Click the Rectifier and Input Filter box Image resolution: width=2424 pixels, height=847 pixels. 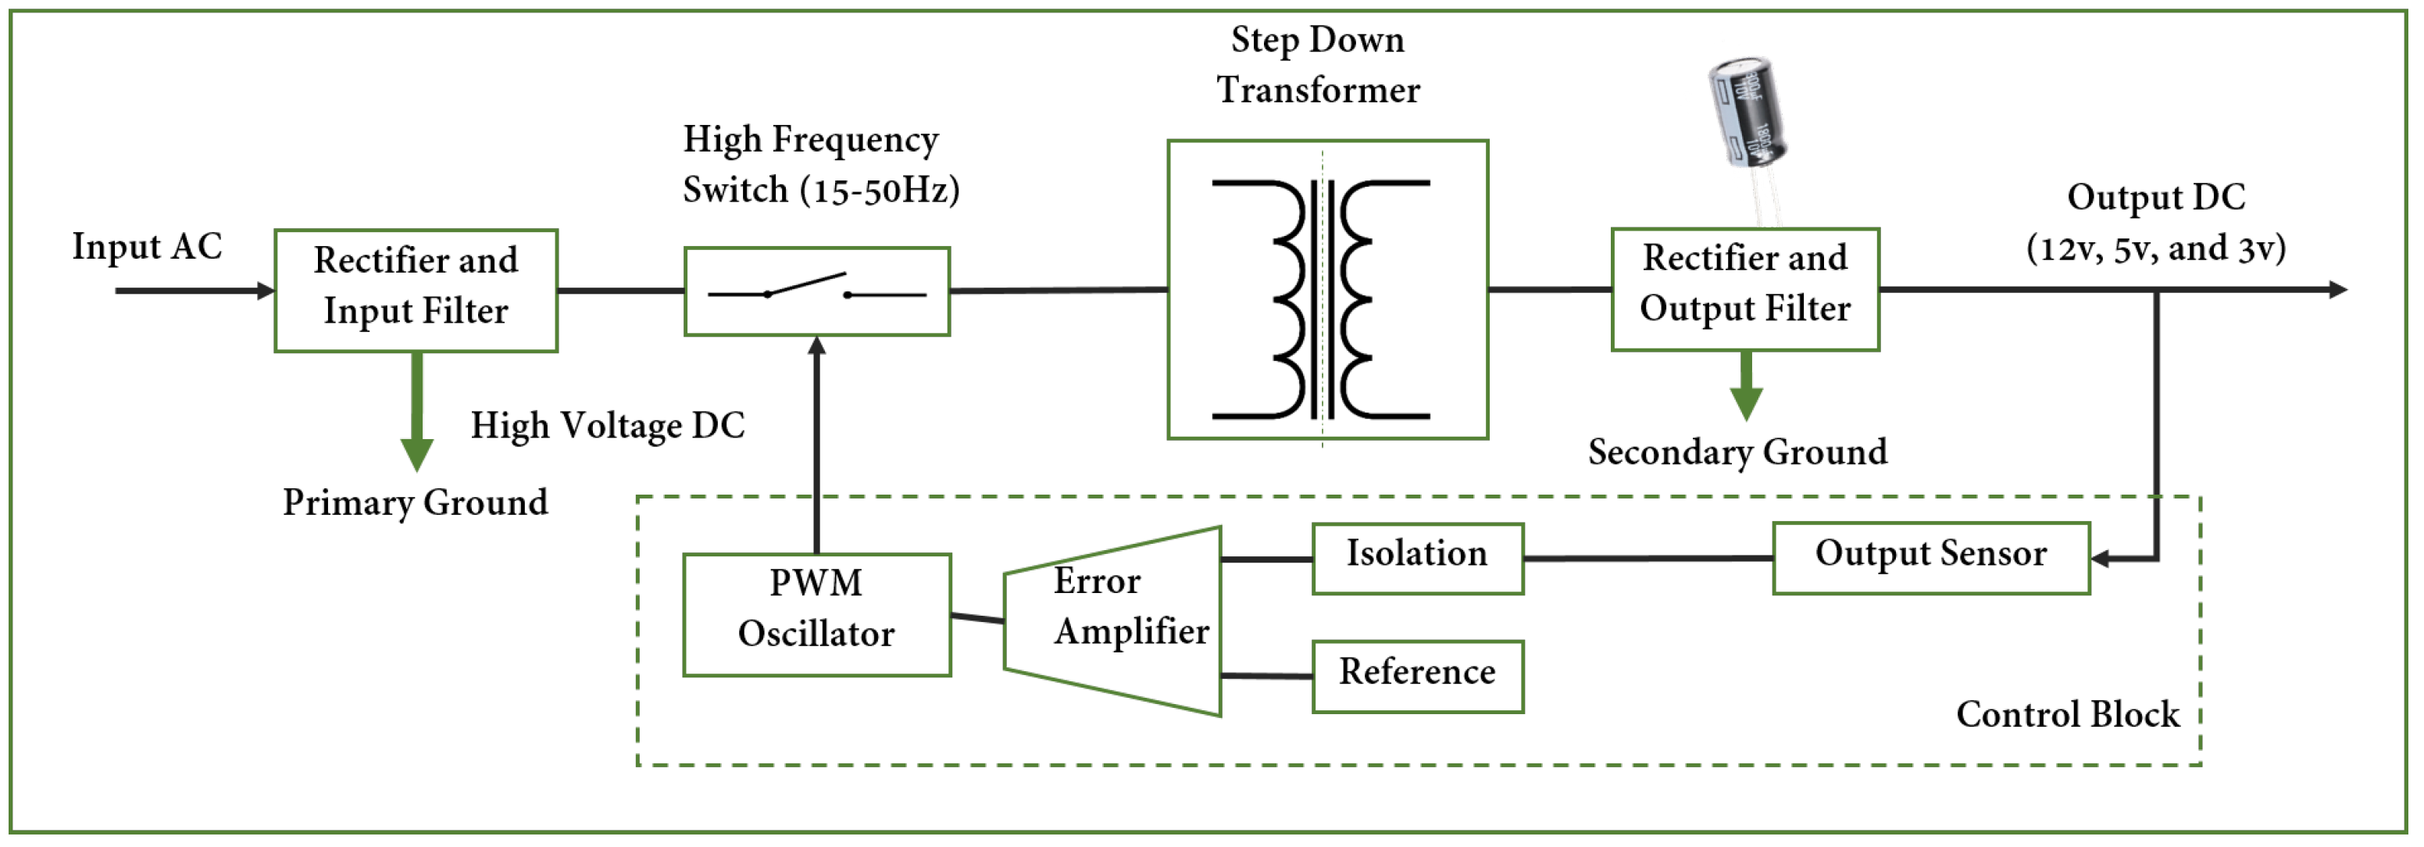click(x=415, y=291)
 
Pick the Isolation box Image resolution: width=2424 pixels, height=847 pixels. click(x=1416, y=558)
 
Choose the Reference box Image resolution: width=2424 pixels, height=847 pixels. click(x=1416, y=676)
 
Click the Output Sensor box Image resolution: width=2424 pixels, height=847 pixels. click(x=1930, y=558)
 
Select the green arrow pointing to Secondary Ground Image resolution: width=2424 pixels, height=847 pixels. click(x=1744, y=387)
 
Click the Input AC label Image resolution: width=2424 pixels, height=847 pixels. click(x=147, y=247)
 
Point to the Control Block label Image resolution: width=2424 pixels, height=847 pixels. click(x=2066, y=714)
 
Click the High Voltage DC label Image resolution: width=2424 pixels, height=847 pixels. click(x=607, y=425)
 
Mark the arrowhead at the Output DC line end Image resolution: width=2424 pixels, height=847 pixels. click(x=2337, y=289)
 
